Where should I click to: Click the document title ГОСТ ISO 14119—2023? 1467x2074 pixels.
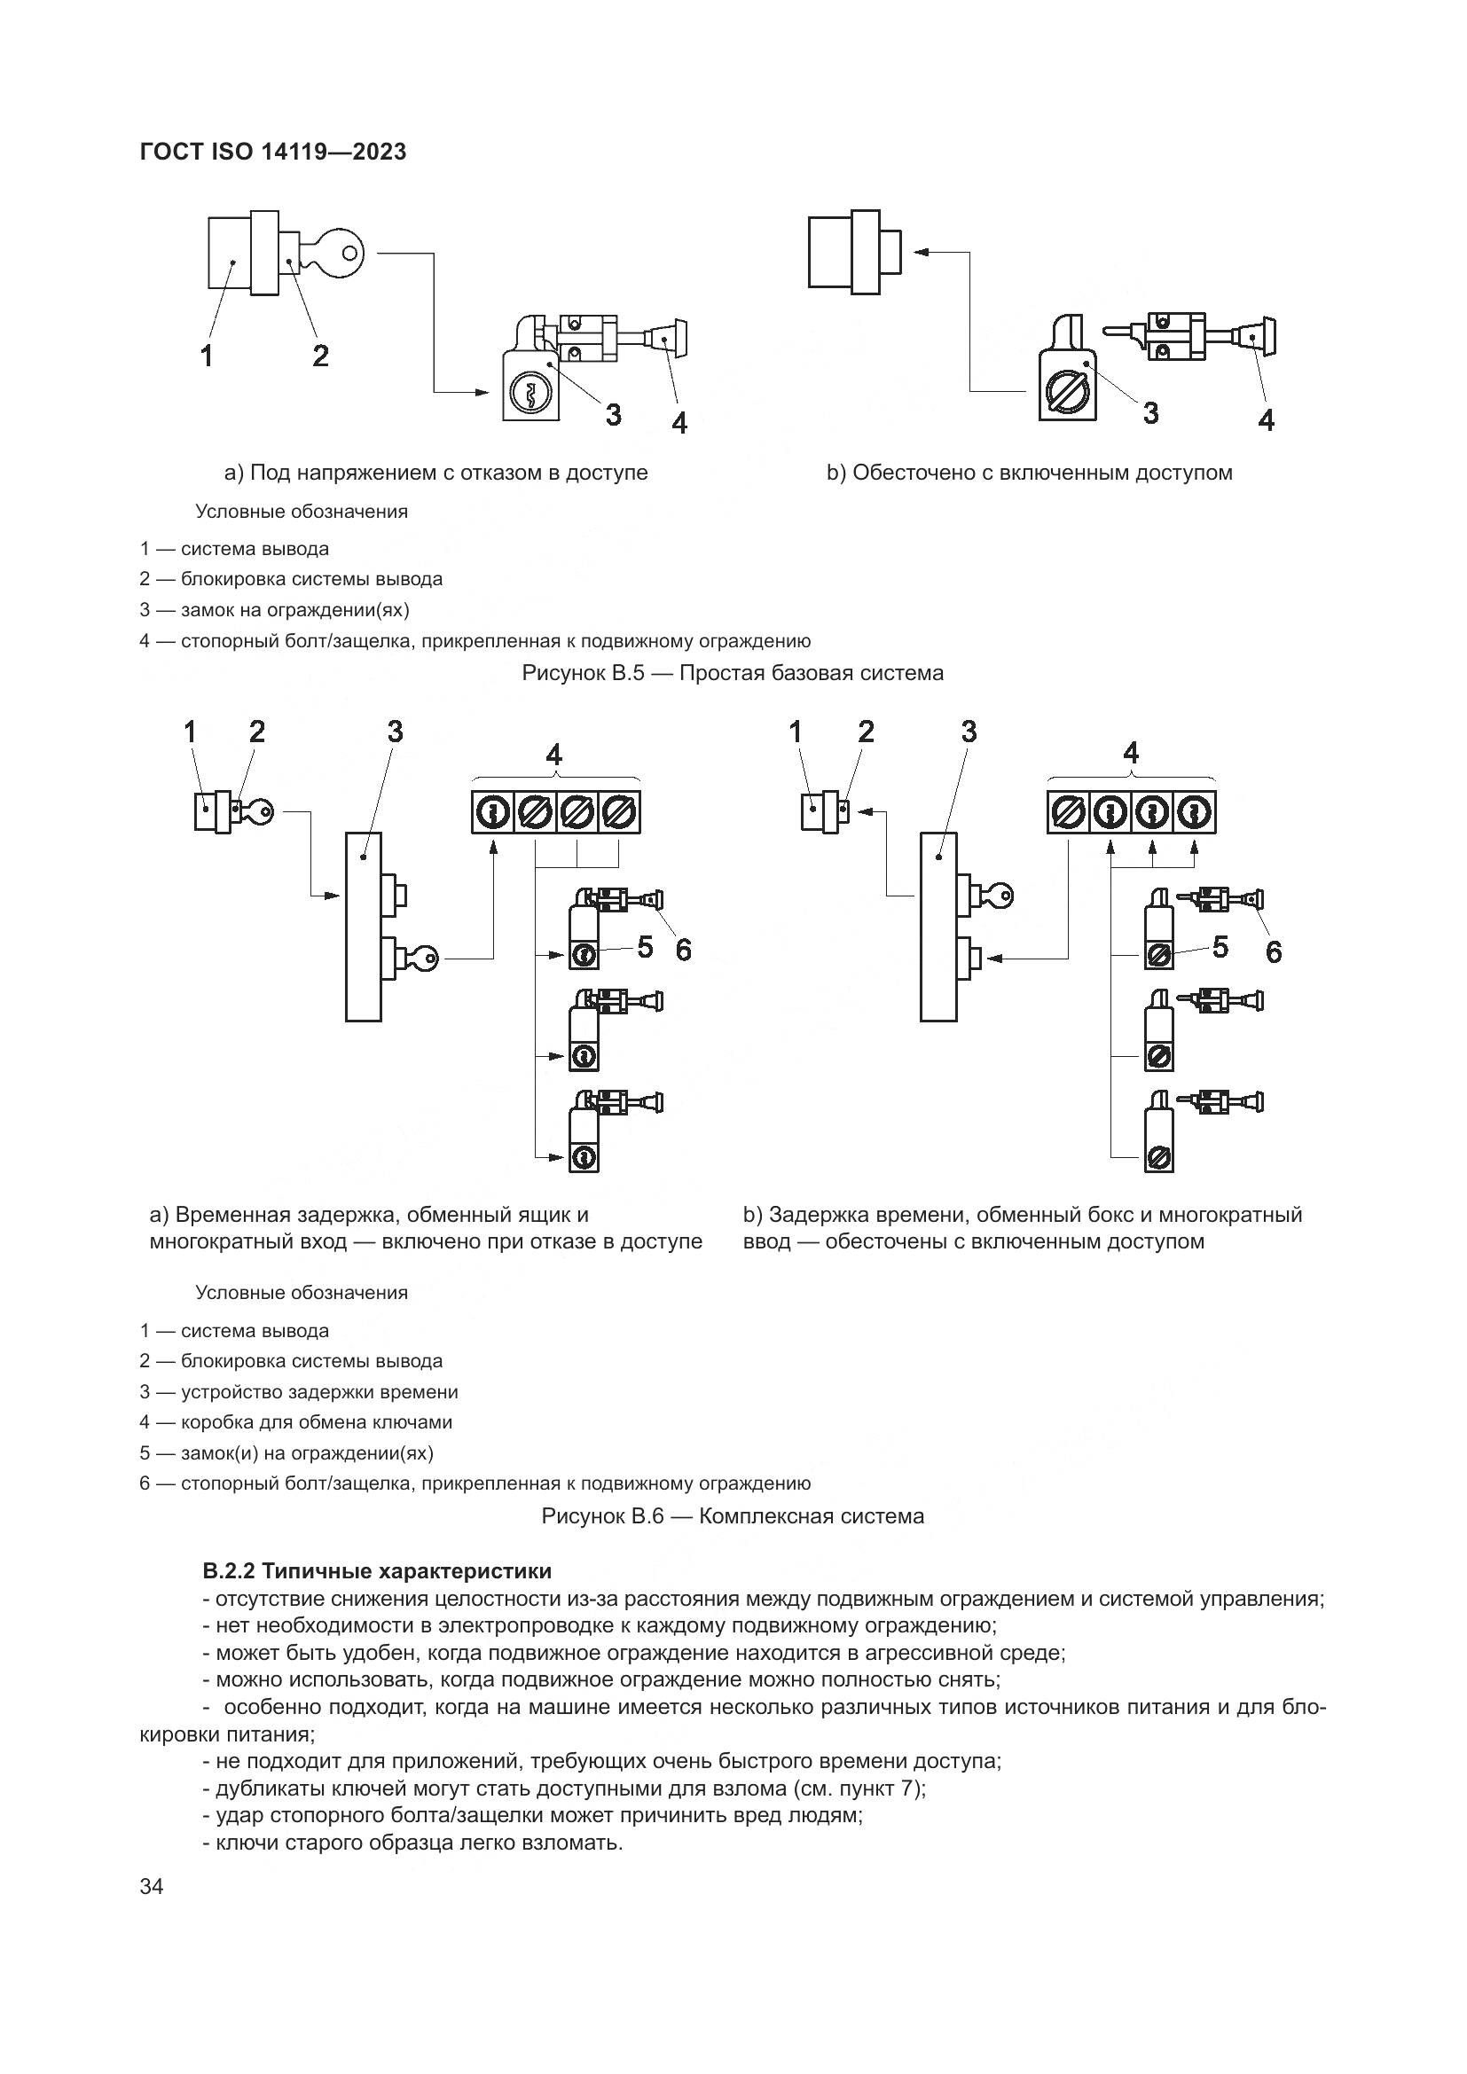273,152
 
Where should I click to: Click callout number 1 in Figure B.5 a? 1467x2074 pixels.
207,356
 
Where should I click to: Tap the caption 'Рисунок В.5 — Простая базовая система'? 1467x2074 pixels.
733,673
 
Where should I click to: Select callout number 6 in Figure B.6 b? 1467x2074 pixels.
1273,951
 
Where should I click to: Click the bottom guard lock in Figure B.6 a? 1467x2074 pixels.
584,1157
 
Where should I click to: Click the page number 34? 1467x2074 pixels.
152,1912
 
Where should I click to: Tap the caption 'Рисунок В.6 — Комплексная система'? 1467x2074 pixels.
733,1515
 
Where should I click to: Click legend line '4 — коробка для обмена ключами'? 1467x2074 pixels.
296,1421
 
